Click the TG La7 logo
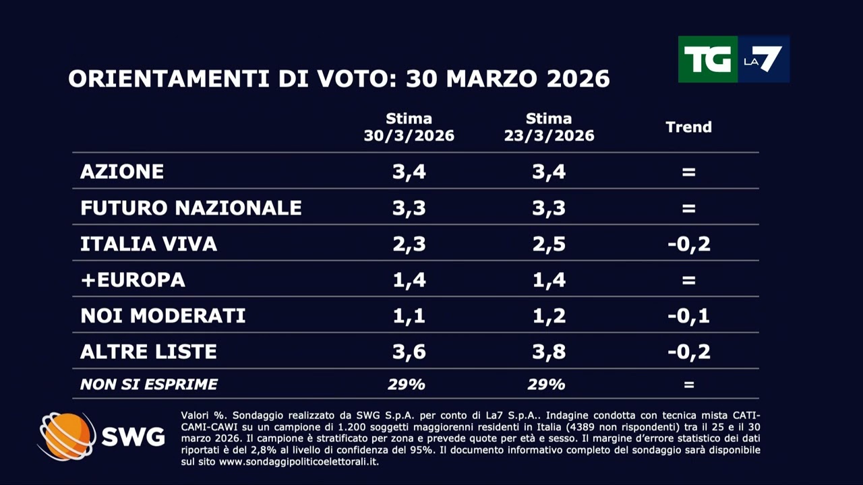click(734, 59)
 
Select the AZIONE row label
click(122, 172)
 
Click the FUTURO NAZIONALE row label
click(191, 208)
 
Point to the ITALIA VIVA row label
click(148, 244)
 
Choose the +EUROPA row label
click(133, 280)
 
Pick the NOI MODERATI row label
click(162, 316)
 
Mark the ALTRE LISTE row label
click(148, 352)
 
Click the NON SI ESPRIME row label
click(148, 385)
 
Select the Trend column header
click(688, 127)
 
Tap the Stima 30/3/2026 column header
click(409, 127)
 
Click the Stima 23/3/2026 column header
click(549, 127)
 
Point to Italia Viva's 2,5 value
click(549, 244)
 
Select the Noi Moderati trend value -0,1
click(688, 316)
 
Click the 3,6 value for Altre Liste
click(409, 352)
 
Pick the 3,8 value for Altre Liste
click(549, 352)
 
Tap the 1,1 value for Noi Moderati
click(409, 316)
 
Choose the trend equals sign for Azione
click(688, 172)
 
